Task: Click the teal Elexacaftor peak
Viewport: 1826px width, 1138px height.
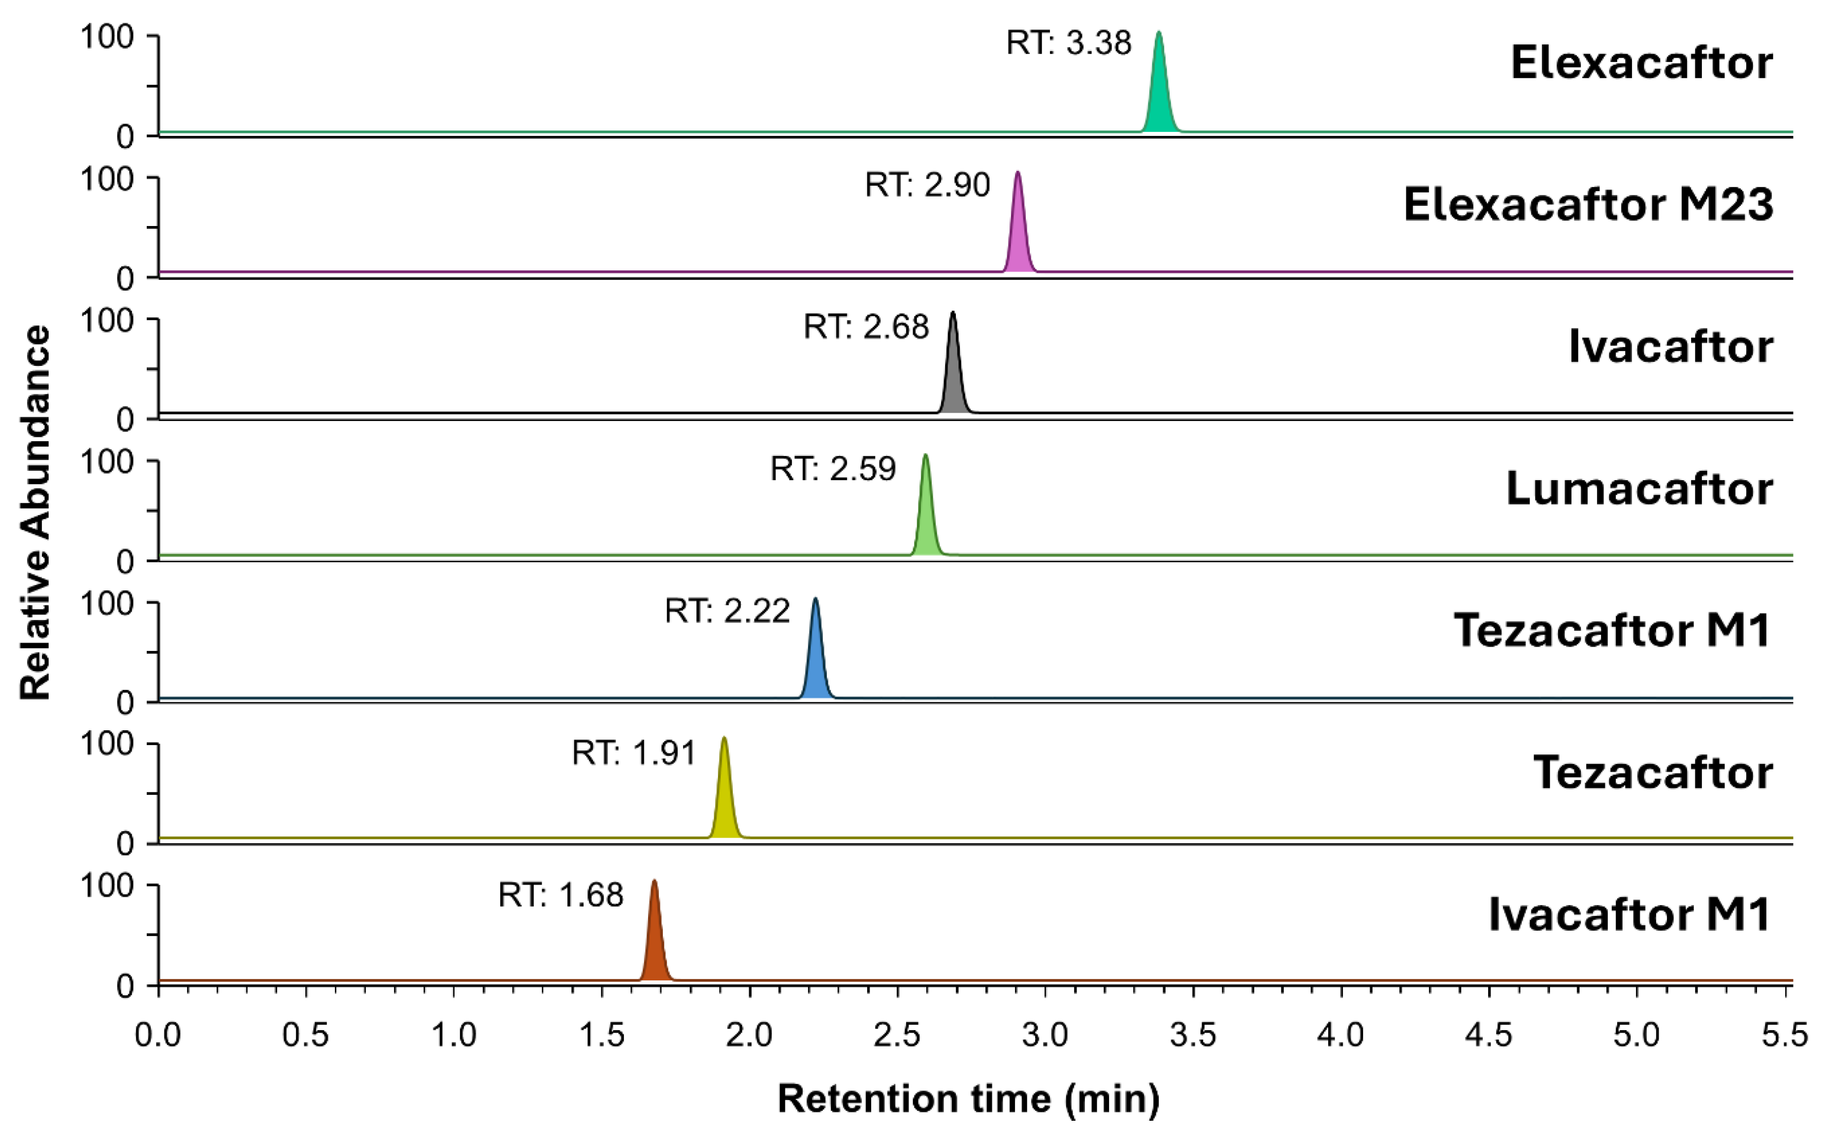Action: (1159, 98)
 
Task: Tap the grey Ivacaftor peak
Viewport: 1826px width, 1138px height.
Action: (954, 380)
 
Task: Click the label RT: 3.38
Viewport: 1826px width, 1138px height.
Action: (1068, 44)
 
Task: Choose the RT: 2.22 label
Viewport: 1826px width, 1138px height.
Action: (727, 611)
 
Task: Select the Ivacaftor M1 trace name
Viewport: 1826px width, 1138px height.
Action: (1629, 915)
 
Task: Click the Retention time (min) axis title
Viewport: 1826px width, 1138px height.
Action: (968, 1100)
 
